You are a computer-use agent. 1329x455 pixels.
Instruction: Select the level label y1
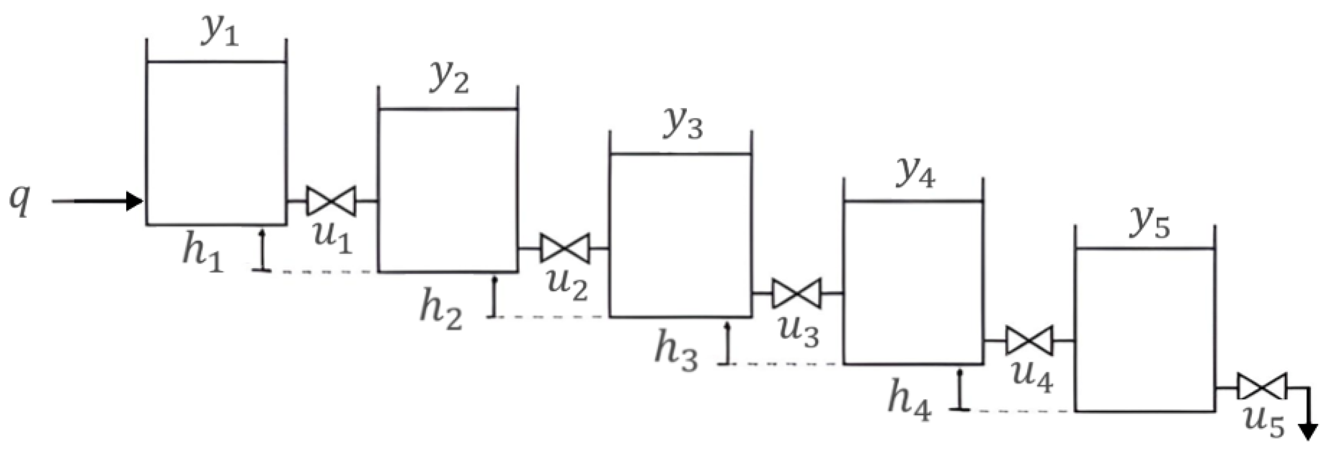pyautogui.click(x=219, y=33)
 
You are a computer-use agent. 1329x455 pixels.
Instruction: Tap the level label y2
pyautogui.click(x=449, y=80)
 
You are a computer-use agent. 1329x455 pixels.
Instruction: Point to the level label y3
pyautogui.click(x=682, y=126)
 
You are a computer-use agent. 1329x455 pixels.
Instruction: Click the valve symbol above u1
pyautogui.click(x=331, y=201)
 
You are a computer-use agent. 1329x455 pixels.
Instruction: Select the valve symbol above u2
pyautogui.click(x=564, y=248)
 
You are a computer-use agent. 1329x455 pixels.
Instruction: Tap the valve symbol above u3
pyautogui.click(x=796, y=293)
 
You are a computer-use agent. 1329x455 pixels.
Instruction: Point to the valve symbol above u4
pyautogui.click(x=1029, y=340)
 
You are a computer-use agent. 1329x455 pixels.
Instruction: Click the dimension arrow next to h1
pyautogui.click(x=262, y=251)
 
